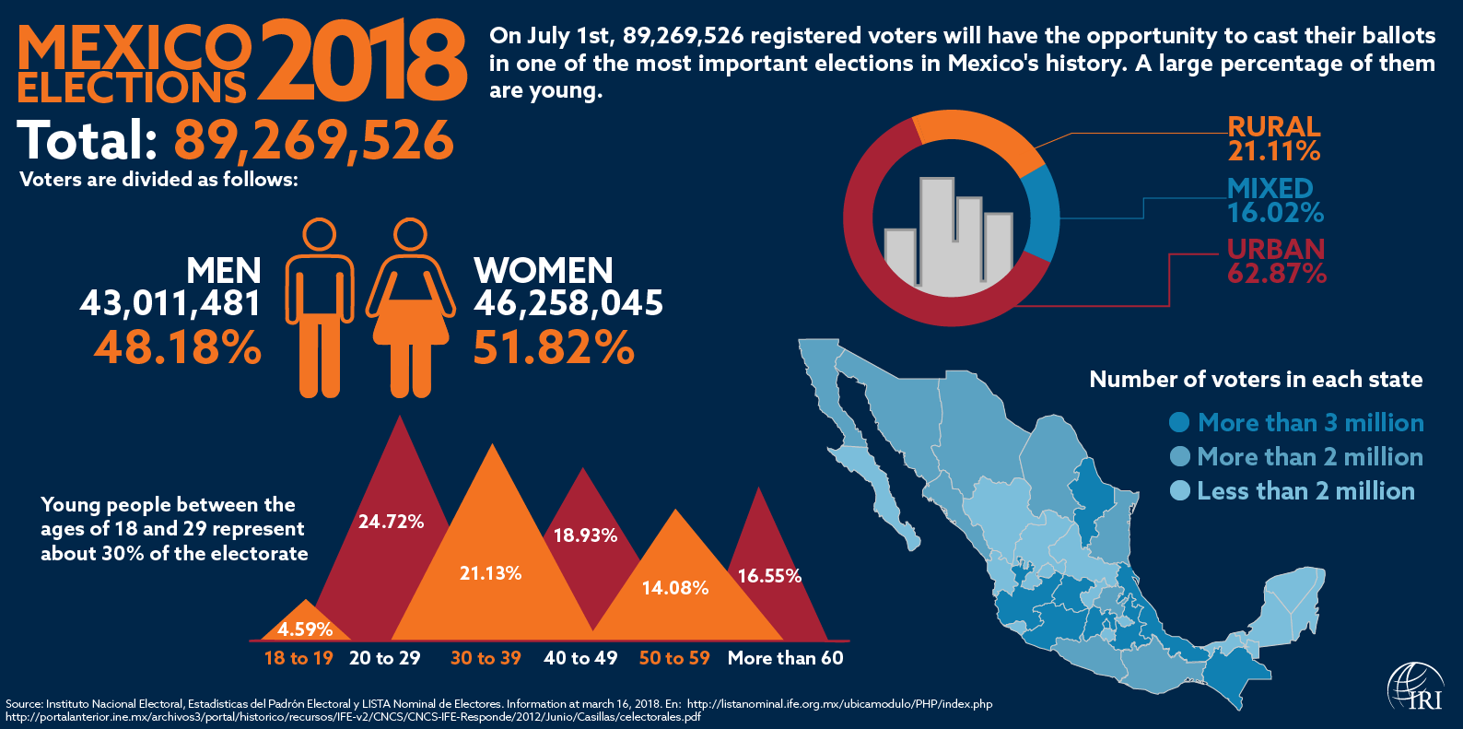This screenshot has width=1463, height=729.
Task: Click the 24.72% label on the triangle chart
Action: click(391, 522)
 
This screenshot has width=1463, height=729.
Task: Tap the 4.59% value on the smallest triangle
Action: click(305, 629)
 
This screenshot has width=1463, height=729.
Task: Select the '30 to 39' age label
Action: click(486, 658)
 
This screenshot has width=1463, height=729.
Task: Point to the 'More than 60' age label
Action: click(785, 658)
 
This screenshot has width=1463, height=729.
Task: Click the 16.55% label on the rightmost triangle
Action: click(769, 576)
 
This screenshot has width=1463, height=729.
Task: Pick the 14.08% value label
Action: click(675, 588)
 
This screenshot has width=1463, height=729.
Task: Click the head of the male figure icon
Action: click(320, 234)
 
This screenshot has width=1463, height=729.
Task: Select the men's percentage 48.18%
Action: click(178, 348)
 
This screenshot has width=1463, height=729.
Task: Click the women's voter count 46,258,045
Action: click(568, 303)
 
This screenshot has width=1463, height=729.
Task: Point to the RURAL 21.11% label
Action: click(1274, 139)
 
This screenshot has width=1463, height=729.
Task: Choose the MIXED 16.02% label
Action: click(1275, 201)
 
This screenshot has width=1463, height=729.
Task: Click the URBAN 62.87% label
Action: click(1276, 262)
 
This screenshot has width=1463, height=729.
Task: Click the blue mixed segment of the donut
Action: click(1042, 213)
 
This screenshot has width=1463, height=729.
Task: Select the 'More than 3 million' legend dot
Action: click(1179, 422)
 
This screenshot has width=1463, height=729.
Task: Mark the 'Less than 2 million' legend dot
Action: click(1179, 490)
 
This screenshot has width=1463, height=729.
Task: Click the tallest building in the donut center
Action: click(937, 230)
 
